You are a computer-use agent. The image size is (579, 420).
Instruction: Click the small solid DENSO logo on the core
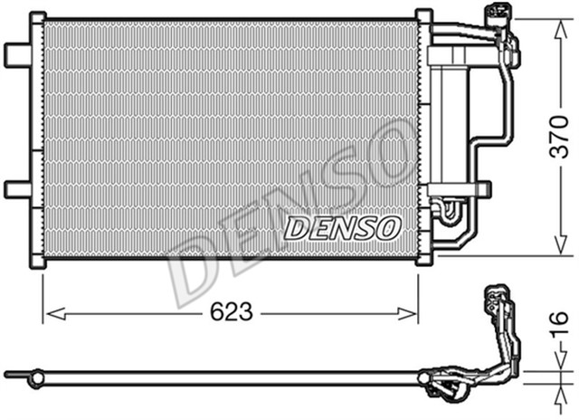pyautogui.click(x=341, y=227)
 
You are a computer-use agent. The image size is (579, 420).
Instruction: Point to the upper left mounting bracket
pyautogui.click(x=19, y=53)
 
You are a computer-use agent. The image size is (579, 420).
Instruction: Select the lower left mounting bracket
pyautogui.click(x=19, y=188)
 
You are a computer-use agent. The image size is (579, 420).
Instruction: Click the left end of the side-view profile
pyautogui.click(x=9, y=372)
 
